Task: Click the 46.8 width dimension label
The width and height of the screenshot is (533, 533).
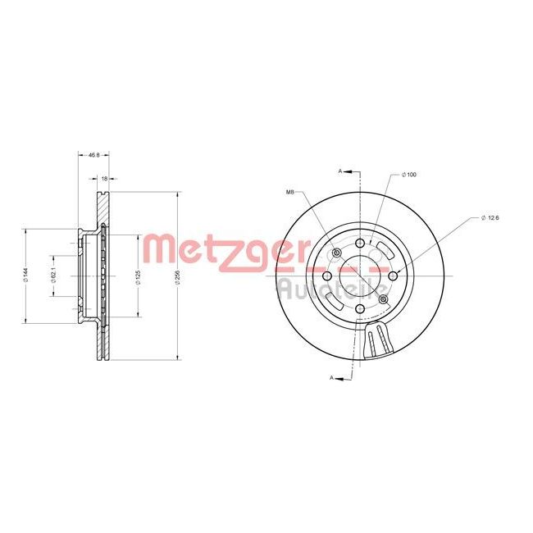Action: click(x=93, y=154)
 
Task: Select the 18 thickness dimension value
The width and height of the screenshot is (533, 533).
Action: click(x=104, y=177)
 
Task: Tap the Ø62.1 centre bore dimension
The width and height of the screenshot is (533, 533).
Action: click(x=53, y=276)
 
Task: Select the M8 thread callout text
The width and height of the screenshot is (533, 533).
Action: click(x=289, y=192)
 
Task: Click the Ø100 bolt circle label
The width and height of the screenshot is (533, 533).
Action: click(x=409, y=175)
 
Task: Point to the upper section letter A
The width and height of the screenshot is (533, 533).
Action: click(x=339, y=171)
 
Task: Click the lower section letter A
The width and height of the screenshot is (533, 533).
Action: click(x=331, y=377)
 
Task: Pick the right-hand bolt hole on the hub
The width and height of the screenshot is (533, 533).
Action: click(x=394, y=276)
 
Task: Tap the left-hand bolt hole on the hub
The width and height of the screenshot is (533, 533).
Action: click(x=327, y=276)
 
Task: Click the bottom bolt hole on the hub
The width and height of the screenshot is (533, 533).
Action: click(x=360, y=309)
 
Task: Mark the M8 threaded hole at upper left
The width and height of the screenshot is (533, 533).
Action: click(x=337, y=252)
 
